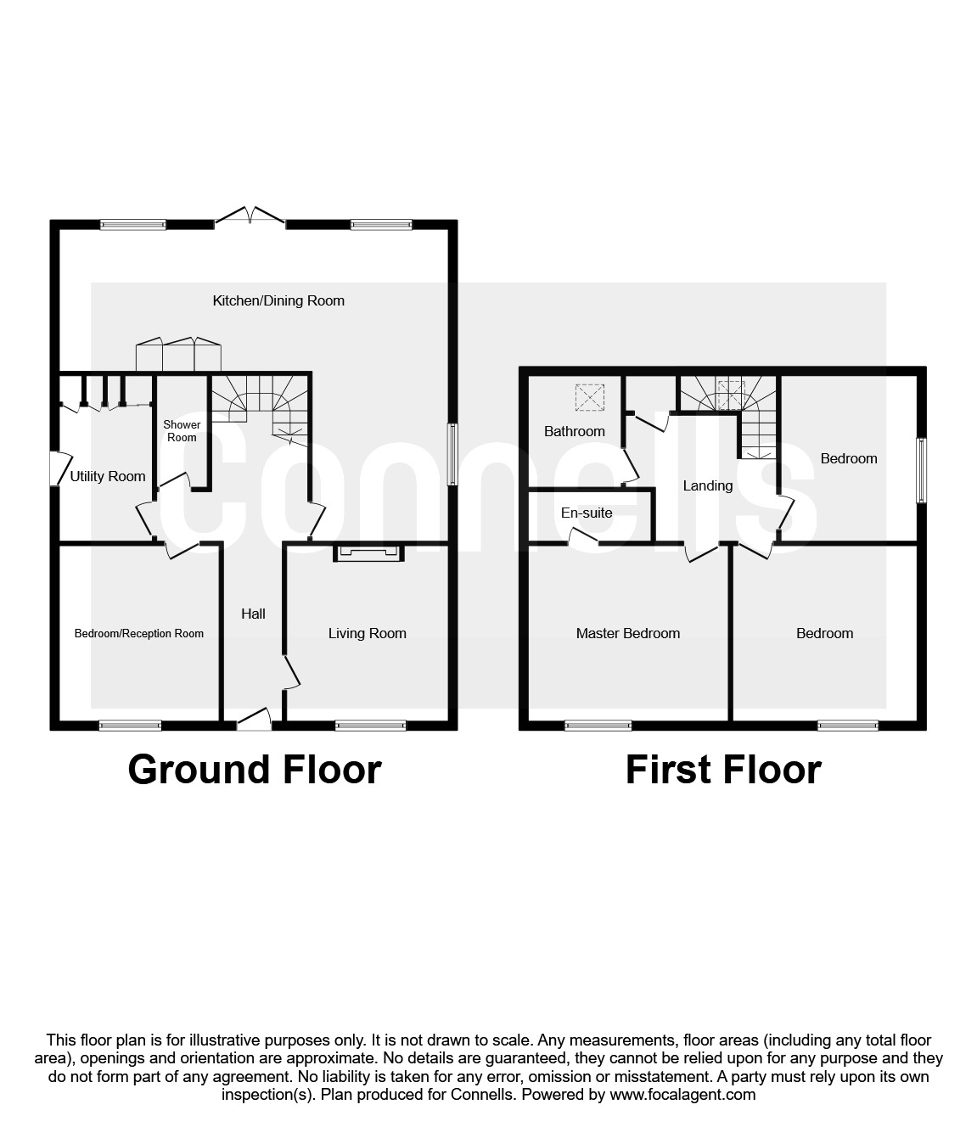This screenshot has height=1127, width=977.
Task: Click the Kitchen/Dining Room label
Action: point(278,300)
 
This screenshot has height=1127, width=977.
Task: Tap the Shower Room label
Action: point(182,431)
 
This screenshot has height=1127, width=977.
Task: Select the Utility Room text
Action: point(108,477)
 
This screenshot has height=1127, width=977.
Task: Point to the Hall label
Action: point(253,614)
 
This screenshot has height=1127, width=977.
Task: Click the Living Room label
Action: point(367,633)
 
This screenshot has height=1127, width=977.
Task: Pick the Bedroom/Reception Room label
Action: point(139,633)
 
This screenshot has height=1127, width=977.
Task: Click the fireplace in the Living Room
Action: point(368,553)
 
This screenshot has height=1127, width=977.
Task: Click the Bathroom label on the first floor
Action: point(575,431)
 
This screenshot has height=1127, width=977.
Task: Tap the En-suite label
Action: point(587,513)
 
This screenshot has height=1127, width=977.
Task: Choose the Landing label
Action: point(708,485)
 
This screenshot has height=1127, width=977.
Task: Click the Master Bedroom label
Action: point(628,633)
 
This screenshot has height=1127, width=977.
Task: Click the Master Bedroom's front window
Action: point(598,726)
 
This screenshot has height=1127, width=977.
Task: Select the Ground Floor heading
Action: point(255,769)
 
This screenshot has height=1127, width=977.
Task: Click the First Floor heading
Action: point(723,769)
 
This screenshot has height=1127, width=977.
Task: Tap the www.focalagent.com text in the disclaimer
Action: point(682,1095)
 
